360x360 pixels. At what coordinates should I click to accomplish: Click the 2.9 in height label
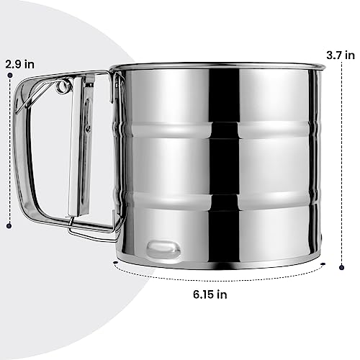point(19,63)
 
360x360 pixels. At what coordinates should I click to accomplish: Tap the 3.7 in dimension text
point(340,55)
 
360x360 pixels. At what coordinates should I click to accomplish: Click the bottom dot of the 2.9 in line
point(9,226)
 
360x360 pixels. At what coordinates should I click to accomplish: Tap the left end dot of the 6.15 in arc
point(114,262)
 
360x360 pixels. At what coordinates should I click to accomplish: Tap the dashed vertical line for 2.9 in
point(9,151)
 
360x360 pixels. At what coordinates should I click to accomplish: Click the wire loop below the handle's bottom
point(94,229)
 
